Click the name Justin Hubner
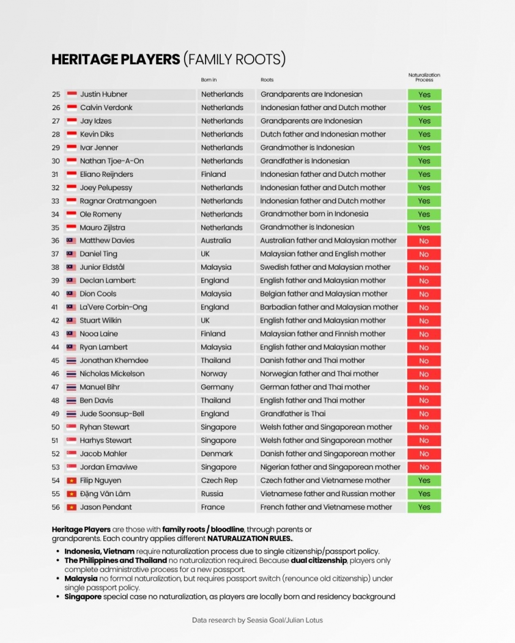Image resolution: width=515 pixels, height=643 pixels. [x=103, y=94]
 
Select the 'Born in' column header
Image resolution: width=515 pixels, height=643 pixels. [x=209, y=80]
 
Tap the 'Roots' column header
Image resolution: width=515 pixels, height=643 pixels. [x=267, y=80]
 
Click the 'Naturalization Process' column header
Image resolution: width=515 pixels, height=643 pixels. [x=424, y=77]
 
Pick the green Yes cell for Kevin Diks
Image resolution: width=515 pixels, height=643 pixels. [x=424, y=135]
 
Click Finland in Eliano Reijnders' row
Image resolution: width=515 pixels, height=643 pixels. [x=213, y=174]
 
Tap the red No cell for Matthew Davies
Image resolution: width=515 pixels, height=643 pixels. [x=424, y=241]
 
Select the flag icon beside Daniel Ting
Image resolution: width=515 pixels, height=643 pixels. [x=71, y=254]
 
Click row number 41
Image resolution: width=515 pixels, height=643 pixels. [x=56, y=307]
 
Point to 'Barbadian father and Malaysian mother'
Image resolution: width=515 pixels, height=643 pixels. [x=329, y=307]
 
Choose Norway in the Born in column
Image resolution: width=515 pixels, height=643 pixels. [x=213, y=374]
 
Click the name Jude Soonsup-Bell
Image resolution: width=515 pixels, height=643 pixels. [x=112, y=414]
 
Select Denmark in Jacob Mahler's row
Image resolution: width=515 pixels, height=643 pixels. [x=217, y=454]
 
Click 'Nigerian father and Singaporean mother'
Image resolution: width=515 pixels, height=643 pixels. [x=330, y=467]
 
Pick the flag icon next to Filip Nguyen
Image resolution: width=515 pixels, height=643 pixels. [x=71, y=481]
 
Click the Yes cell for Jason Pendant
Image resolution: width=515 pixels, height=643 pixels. [x=424, y=507]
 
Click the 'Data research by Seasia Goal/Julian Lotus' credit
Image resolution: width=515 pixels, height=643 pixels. [x=257, y=620]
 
